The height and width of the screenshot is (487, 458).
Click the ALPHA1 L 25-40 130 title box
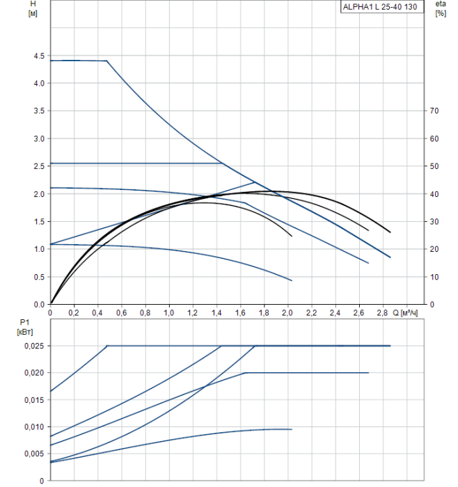[381, 7]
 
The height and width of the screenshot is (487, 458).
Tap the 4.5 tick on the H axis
[36, 56]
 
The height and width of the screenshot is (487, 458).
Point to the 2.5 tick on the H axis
[36, 166]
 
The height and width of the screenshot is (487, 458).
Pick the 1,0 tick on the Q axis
[169, 313]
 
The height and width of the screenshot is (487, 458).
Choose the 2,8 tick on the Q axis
[382, 313]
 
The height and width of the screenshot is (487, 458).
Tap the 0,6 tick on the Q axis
[121, 313]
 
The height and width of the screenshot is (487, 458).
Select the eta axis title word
[440, 4]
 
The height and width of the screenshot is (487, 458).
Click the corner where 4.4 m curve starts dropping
[107, 61]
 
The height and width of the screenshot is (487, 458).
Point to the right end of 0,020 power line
[368, 373]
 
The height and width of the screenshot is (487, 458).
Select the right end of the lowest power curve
[292, 429]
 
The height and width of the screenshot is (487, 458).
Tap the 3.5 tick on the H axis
[36, 111]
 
